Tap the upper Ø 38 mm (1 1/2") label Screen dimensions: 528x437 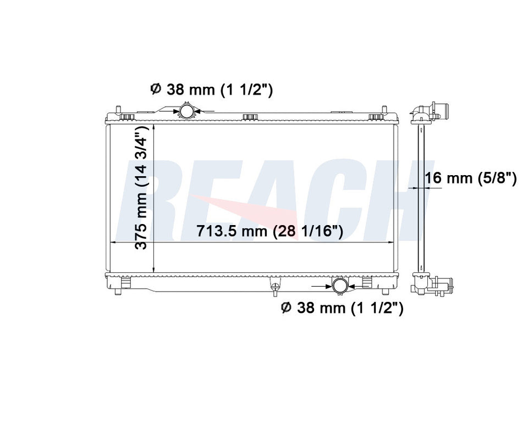point(211,89)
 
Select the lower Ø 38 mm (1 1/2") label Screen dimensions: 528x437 point(342,308)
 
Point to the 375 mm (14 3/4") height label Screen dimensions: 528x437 point(141,188)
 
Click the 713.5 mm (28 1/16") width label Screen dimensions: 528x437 point(269,231)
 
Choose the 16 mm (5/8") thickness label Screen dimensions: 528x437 point(471,178)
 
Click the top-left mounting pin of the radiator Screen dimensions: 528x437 point(118,110)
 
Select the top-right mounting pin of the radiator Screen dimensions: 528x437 point(384,110)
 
